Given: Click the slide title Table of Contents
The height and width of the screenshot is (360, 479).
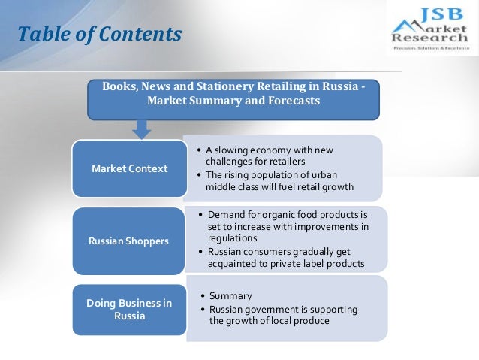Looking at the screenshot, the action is [x=100, y=35].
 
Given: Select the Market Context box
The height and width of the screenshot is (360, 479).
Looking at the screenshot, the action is [x=129, y=168].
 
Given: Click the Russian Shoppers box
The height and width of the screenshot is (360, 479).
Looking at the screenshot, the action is [x=129, y=241].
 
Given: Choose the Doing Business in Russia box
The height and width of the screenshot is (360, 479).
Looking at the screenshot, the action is [x=129, y=309].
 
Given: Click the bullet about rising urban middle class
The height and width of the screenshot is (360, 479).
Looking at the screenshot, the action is [x=273, y=181].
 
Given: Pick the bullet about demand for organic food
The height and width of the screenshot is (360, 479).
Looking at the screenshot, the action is [x=288, y=226].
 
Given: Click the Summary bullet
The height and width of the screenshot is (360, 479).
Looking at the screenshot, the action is [x=230, y=295].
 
